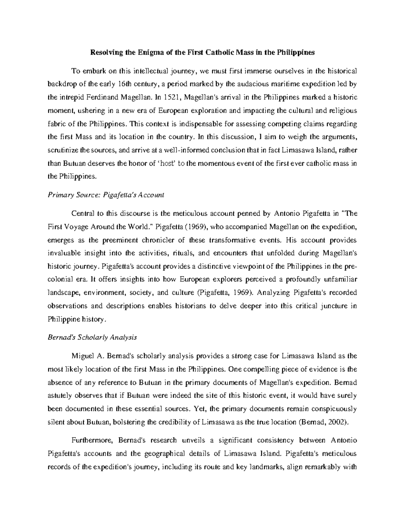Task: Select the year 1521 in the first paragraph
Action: point(164,98)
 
